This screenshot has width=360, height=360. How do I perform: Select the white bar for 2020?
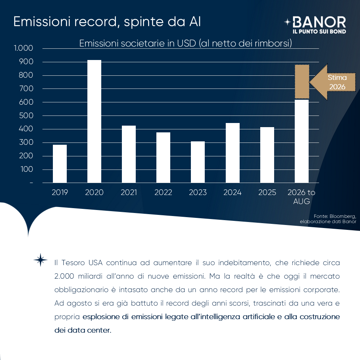94,121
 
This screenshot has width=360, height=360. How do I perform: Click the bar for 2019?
60,164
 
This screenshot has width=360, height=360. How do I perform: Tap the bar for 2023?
198,162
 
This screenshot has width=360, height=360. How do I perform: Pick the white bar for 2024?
232,153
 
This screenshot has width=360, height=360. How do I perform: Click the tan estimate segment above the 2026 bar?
302,82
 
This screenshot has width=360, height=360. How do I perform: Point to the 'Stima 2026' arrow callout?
333,82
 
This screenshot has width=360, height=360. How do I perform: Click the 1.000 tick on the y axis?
23,48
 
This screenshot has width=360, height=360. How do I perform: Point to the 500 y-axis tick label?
26,115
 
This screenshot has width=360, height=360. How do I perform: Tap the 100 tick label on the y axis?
27,169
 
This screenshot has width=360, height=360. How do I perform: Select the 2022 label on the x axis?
163,192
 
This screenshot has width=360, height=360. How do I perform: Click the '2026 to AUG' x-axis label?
301,196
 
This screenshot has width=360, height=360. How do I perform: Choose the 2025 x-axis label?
267,192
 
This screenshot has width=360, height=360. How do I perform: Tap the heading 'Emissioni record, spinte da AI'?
107,22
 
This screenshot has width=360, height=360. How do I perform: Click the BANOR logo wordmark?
319,22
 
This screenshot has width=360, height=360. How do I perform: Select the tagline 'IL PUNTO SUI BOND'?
319,31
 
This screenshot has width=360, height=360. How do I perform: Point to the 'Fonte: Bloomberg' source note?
328,219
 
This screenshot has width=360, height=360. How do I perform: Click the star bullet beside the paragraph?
40,260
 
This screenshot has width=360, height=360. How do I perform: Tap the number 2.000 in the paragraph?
64,276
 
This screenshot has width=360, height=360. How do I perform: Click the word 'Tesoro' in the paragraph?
73,262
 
